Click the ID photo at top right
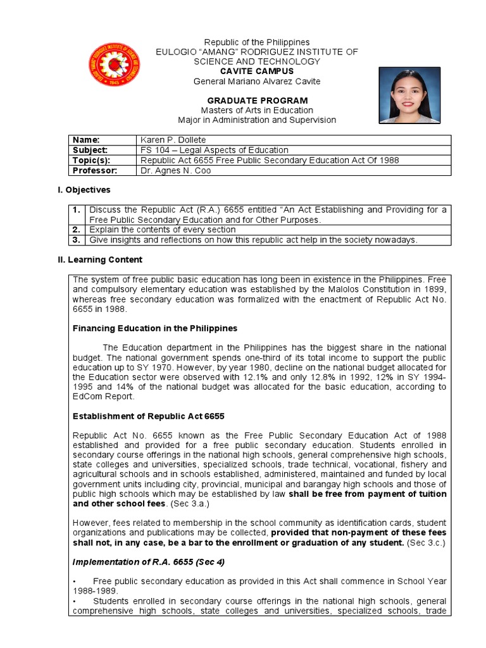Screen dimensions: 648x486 tap(409, 95)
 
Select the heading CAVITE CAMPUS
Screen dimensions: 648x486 tap(257, 72)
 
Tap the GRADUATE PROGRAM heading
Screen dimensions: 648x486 tap(258, 101)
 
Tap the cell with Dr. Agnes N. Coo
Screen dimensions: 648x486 tap(176, 171)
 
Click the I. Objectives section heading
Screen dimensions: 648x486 tap(84, 190)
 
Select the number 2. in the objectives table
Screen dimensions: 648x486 tap(75, 230)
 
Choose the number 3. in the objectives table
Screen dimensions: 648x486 tap(75, 240)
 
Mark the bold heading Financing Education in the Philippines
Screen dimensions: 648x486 tap(155, 328)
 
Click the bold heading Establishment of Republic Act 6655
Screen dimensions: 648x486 tap(149, 416)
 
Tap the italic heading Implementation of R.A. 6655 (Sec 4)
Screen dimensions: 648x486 tap(149, 562)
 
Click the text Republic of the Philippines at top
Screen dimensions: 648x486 tap(257, 42)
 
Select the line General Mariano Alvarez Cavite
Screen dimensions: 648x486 tap(257, 82)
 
